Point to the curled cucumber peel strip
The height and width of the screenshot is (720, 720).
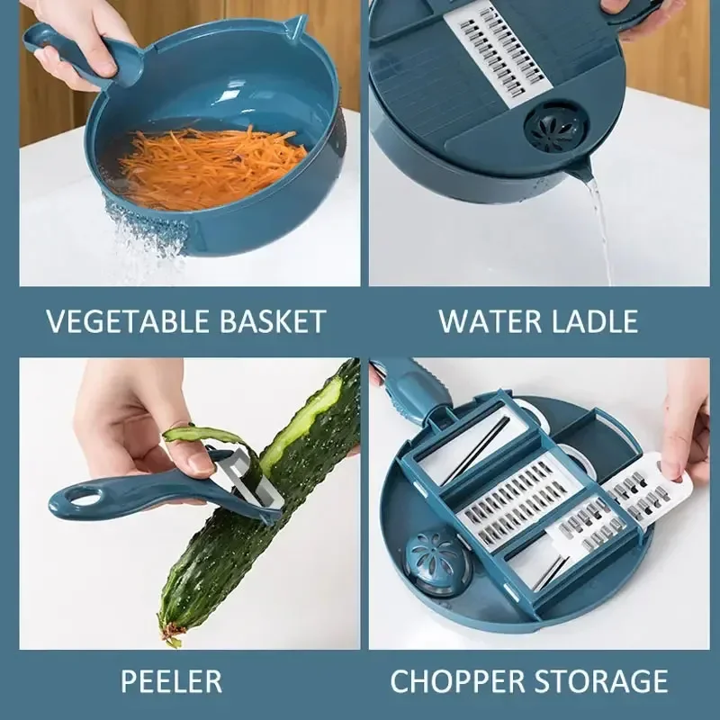coord(202,436)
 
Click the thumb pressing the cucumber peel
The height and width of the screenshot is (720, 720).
coord(196,459)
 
